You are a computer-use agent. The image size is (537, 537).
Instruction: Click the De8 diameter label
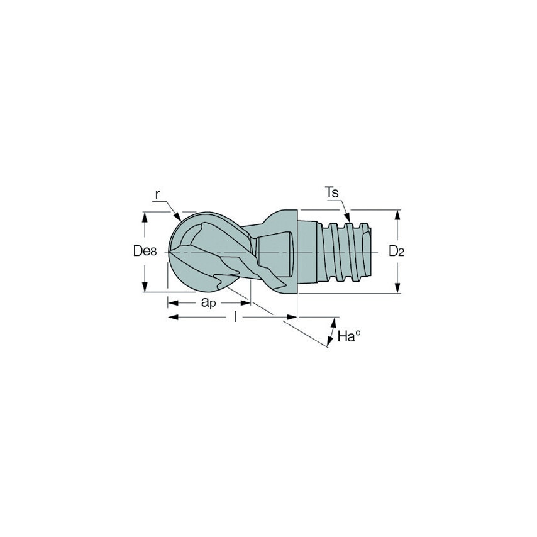pos(143,252)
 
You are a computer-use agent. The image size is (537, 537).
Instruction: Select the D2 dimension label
pos(396,252)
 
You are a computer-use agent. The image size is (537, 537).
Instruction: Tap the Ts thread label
pos(332,193)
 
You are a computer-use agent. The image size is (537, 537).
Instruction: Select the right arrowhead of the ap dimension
pos(246,302)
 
